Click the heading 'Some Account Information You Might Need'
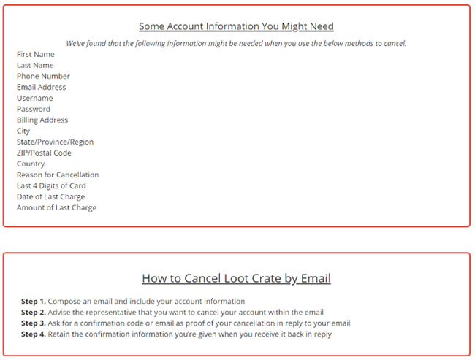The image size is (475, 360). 236,26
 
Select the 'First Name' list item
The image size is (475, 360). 36,54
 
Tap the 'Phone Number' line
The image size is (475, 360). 43,76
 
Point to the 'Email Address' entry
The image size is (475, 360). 42,87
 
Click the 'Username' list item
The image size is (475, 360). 35,98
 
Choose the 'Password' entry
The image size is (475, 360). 34,109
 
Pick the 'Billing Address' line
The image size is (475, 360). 42,120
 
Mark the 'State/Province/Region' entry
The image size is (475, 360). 56,142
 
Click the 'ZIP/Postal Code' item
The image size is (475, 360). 44,153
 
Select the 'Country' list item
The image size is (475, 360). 31,164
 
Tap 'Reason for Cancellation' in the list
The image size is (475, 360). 58,175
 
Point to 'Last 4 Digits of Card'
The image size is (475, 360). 51,185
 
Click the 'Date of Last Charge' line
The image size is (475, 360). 50,196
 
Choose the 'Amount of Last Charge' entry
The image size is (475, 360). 56,207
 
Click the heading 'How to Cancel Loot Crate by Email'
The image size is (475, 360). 236,278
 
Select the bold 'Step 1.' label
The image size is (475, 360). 34,301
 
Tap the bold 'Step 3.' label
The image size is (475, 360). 34,323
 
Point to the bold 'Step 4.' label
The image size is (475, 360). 34,334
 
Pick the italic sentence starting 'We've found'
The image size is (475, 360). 236,43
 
